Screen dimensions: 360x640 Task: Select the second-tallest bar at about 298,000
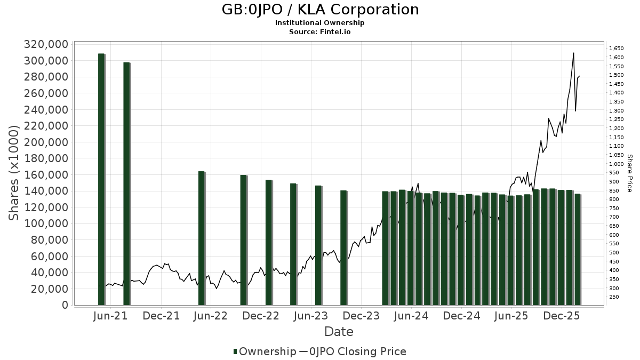(x=126, y=183)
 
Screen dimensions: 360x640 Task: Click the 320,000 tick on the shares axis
(x=46, y=44)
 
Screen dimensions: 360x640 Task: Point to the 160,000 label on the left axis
(x=46, y=175)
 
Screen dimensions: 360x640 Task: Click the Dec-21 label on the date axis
(x=161, y=316)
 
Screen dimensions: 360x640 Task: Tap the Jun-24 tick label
(x=411, y=316)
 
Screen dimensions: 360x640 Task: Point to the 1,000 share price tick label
(x=616, y=164)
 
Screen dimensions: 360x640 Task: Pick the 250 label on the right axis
(x=614, y=297)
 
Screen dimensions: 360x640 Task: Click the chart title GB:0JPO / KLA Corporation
(x=320, y=10)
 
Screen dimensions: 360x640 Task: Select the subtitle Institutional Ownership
(x=320, y=23)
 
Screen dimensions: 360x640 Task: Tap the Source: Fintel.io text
(x=320, y=31)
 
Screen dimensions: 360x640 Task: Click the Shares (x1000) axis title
(x=14, y=173)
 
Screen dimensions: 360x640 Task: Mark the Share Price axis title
(x=629, y=173)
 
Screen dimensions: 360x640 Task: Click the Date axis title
(x=339, y=332)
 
